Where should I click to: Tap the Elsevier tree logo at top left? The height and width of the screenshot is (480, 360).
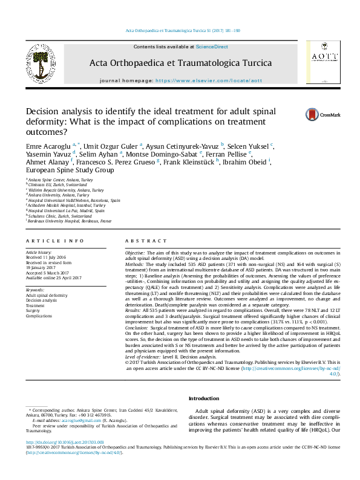(x=39, y=65)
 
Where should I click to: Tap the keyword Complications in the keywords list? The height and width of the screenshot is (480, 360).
(x=39, y=316)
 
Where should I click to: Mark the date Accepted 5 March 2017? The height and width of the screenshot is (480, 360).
(x=47, y=273)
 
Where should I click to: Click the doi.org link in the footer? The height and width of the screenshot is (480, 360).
(x=53, y=443)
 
